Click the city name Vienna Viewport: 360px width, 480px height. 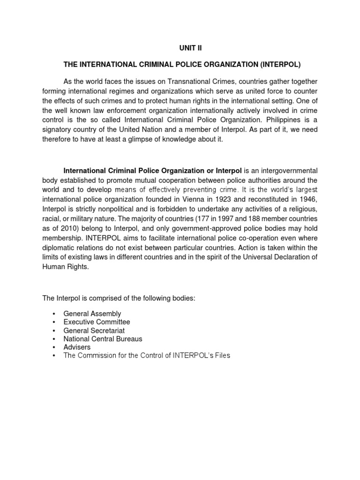pyautogui.click(x=187, y=198)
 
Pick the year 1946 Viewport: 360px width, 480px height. pyautogui.click(x=308, y=198)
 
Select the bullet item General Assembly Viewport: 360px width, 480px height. pyautogui.click(x=92, y=314)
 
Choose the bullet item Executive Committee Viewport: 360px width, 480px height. pyautogui.click(x=97, y=322)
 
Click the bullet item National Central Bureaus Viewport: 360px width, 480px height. pyautogui.click(x=103, y=339)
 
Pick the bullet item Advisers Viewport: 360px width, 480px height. pyautogui.click(x=77, y=347)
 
